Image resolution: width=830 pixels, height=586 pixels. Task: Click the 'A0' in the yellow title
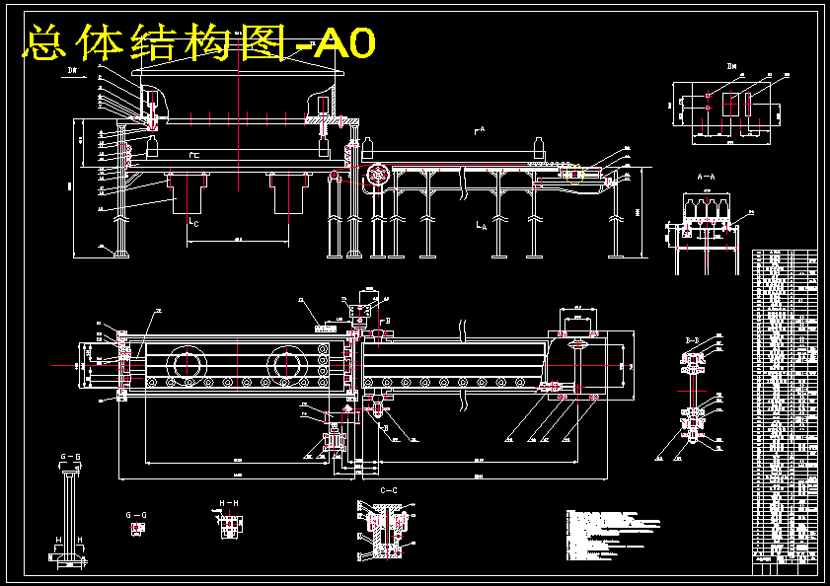pyautogui.click(x=346, y=43)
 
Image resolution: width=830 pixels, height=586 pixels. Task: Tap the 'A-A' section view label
pyautogui.click(x=706, y=176)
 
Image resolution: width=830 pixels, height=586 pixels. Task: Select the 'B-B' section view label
pyautogui.click(x=693, y=339)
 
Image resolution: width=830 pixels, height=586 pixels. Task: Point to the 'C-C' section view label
pyautogui.click(x=388, y=490)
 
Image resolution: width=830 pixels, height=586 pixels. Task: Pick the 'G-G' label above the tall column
pyautogui.click(x=71, y=457)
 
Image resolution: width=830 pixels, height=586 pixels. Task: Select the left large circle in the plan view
pyautogui.click(x=187, y=362)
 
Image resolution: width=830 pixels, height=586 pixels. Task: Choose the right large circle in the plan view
pyautogui.click(x=285, y=362)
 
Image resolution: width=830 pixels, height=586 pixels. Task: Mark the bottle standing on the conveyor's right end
pyautogui.click(x=539, y=146)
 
